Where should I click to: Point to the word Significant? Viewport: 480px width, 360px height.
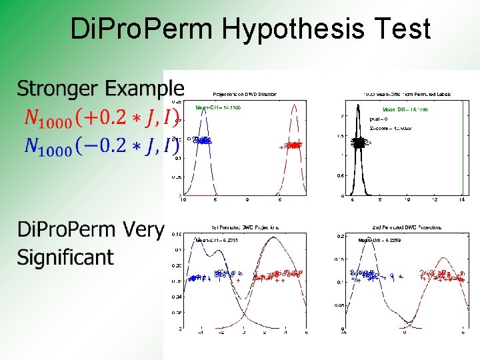tap(65, 257)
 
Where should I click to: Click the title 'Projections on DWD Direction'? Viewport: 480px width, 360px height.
tap(245, 94)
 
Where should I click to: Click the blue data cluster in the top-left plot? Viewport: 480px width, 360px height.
tap(201, 141)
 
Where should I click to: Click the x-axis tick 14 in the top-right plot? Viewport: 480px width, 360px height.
tap(463, 199)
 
